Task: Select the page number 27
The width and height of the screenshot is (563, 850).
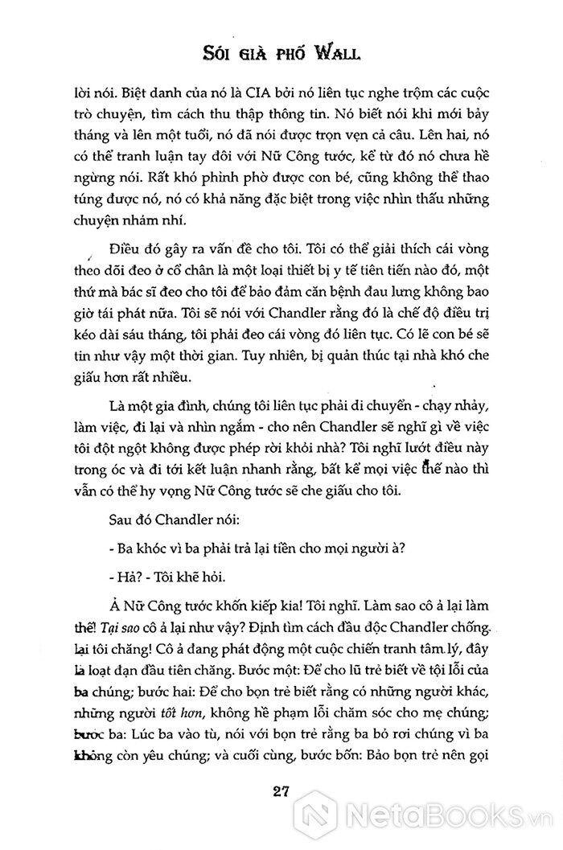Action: click(x=281, y=790)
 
